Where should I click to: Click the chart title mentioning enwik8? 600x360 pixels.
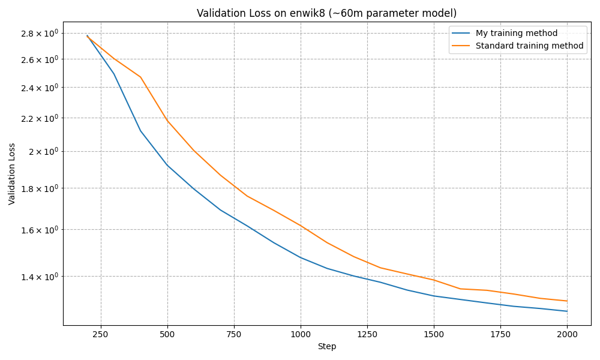click(326, 13)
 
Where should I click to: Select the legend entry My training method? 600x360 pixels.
click(516, 34)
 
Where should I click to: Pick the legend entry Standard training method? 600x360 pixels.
click(529, 46)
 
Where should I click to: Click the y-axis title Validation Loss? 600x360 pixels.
click(12, 173)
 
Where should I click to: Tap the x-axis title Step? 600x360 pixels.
click(327, 346)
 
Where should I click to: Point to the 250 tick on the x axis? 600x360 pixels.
click(101, 334)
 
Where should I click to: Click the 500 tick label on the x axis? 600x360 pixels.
click(167, 334)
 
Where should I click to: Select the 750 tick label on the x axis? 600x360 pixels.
click(234, 334)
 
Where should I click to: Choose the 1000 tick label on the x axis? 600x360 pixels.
click(301, 334)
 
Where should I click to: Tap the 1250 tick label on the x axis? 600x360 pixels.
click(367, 334)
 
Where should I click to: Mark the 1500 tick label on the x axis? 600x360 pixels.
click(434, 334)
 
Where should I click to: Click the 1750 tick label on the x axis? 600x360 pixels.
click(500, 334)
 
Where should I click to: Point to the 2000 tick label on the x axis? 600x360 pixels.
click(567, 334)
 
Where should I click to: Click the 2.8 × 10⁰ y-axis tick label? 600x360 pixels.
click(39, 33)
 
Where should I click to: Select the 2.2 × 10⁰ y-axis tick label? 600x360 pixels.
click(39, 118)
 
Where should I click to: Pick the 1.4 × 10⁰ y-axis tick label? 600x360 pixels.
click(39, 277)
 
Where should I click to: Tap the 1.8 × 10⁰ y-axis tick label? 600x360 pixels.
click(39, 188)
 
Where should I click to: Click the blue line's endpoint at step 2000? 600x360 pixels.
click(567, 311)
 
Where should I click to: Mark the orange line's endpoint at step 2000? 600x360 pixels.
click(567, 301)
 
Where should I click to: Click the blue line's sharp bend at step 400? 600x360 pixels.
click(140, 131)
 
